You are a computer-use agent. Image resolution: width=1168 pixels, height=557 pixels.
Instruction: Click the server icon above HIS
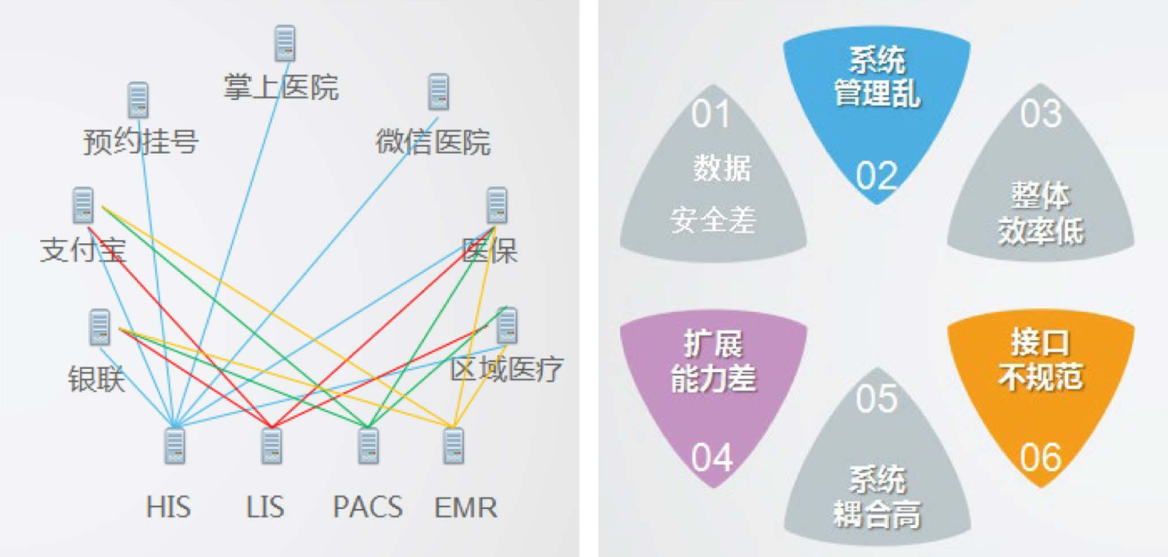[174, 446]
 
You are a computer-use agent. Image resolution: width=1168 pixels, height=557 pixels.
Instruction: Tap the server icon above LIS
[272, 446]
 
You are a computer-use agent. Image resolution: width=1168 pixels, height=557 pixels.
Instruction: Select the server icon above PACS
[369, 446]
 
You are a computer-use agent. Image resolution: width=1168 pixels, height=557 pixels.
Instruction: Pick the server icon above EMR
[453, 446]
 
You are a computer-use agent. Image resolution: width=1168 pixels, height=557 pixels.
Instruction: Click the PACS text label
[368, 507]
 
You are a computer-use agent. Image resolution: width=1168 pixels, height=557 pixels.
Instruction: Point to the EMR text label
[466, 507]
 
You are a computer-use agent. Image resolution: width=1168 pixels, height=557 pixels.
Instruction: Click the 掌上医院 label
[281, 86]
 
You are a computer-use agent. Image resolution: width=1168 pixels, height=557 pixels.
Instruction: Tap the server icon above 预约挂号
[138, 100]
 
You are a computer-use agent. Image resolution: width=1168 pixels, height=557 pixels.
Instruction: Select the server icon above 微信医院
[438, 92]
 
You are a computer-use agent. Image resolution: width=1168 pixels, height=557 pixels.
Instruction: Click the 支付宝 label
[83, 250]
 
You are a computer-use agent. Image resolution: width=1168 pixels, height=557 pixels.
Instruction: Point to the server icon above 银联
[99, 327]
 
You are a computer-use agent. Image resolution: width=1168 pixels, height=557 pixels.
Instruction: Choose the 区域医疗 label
[506, 369]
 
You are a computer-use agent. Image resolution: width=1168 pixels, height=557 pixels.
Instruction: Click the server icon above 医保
[497, 205]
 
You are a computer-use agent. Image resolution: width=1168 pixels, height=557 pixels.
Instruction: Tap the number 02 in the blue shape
[877, 176]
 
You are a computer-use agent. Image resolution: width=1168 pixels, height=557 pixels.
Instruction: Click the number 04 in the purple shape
[712, 459]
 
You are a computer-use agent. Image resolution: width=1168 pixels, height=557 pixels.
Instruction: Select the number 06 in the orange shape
[1041, 458]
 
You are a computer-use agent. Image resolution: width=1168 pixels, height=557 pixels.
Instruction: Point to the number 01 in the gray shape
[711, 114]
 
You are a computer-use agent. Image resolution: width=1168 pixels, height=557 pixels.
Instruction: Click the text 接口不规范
[1041, 359]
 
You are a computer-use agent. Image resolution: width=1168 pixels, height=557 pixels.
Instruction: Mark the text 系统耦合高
[877, 496]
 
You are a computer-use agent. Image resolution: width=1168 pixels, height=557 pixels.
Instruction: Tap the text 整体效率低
[1041, 213]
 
